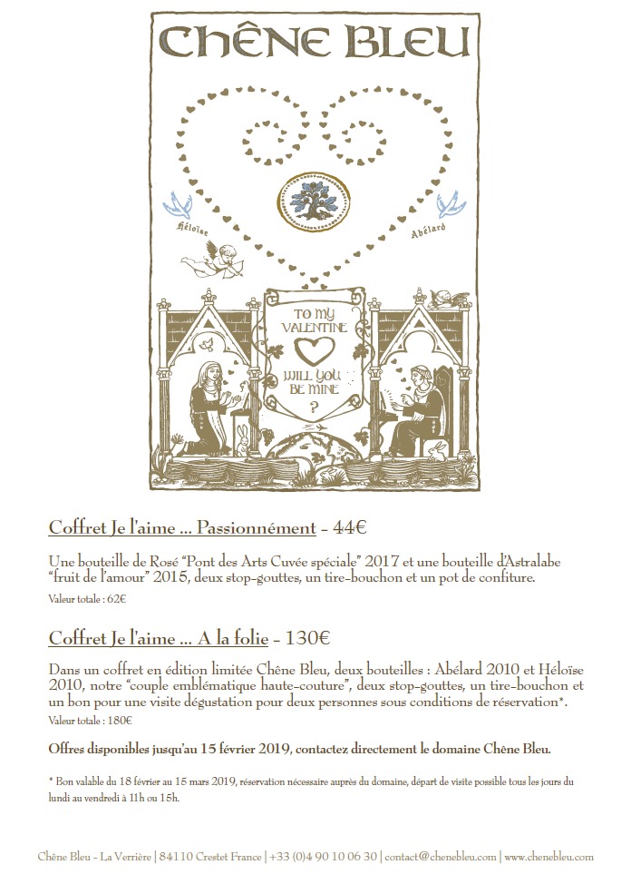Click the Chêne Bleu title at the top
coord(315,41)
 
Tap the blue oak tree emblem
coord(314,201)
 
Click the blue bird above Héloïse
coord(177,206)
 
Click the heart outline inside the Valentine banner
coord(314,350)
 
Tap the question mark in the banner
coord(313,407)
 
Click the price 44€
coord(349,528)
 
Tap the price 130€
coord(307,638)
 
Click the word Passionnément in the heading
coord(257,528)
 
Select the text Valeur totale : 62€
coord(87,599)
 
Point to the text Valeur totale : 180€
coord(90,721)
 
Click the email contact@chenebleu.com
coord(441,857)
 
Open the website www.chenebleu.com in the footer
coord(549,857)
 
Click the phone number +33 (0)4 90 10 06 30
coord(323,857)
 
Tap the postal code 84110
coord(176,857)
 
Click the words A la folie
coord(232,638)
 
